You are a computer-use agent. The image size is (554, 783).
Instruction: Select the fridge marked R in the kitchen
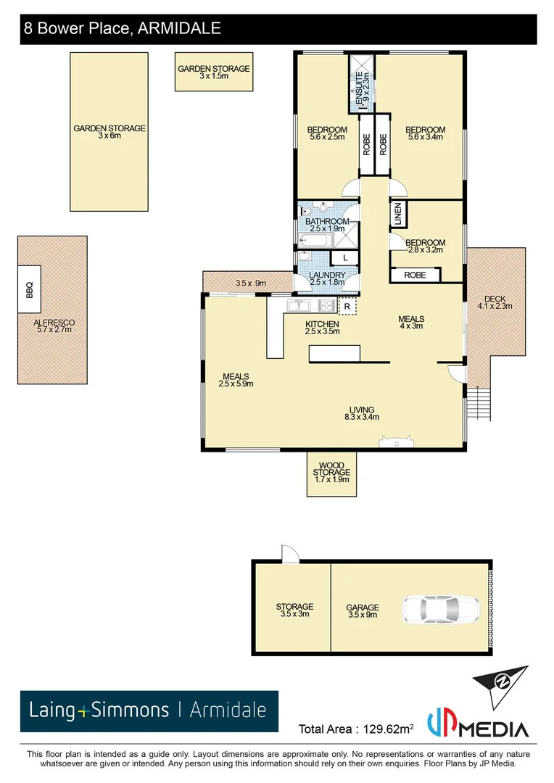(348, 307)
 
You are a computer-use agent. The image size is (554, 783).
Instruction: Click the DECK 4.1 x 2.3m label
(495, 302)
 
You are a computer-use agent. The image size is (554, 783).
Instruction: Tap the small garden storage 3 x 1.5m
(214, 72)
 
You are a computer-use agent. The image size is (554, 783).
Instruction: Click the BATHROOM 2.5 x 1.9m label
(326, 225)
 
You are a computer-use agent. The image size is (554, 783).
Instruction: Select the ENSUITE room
(360, 84)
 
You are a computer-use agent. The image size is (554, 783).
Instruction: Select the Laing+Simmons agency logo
(149, 710)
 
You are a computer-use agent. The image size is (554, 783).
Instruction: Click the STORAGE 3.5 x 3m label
(294, 610)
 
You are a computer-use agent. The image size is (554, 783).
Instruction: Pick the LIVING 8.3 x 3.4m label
(362, 413)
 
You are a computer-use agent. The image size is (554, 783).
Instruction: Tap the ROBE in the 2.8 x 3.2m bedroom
(415, 275)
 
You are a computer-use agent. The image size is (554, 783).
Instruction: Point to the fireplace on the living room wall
(397, 442)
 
